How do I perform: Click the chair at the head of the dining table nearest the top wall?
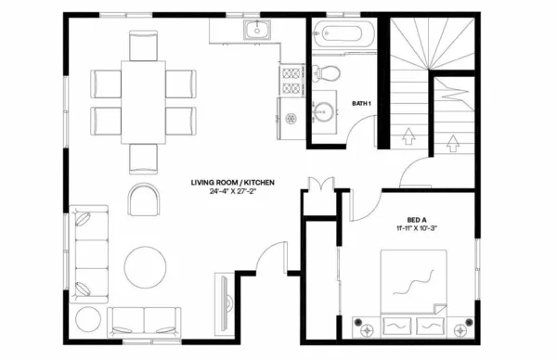tap(144, 45)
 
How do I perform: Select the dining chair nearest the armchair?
tap(144, 158)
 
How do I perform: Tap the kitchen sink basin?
tap(256, 31)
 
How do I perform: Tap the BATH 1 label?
tap(364, 103)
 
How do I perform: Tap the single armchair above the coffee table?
tap(144, 198)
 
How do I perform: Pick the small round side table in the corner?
tap(89, 319)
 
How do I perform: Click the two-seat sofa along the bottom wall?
tap(144, 321)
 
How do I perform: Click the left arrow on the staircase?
tap(406, 138)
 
